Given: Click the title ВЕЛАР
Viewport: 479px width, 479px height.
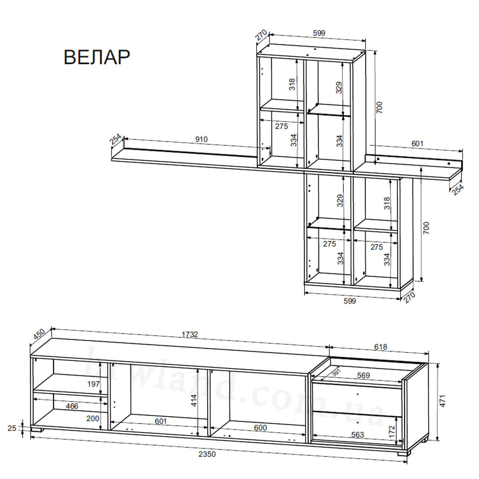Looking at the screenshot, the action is pyautogui.click(x=97, y=57).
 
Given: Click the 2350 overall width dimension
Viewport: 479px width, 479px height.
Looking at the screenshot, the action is pyautogui.click(x=207, y=454).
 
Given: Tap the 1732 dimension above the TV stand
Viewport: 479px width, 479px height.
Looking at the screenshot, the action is pyautogui.click(x=190, y=335).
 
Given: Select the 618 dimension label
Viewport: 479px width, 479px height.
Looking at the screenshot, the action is pyautogui.click(x=380, y=347).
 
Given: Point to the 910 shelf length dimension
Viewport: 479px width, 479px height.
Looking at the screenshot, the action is pyautogui.click(x=201, y=139).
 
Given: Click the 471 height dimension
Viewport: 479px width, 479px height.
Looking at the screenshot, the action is pyautogui.click(x=443, y=401).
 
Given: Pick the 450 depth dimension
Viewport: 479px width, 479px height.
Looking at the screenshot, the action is pyautogui.click(x=39, y=335).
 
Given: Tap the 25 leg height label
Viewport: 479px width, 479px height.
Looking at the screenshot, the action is pyautogui.click(x=12, y=428).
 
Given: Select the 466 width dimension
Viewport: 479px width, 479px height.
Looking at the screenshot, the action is pyautogui.click(x=72, y=406).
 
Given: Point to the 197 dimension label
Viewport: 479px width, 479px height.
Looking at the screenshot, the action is pyautogui.click(x=93, y=384).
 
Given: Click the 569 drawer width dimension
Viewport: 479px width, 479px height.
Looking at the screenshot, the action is pyautogui.click(x=363, y=375).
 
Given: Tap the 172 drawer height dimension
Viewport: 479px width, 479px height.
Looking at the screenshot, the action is pyautogui.click(x=392, y=432).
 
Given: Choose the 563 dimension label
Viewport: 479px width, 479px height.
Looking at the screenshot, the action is pyautogui.click(x=357, y=435).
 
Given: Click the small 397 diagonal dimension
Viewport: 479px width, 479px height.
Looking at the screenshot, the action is pyautogui.click(x=336, y=373).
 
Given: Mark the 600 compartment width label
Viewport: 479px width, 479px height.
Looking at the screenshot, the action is pyautogui.click(x=260, y=428).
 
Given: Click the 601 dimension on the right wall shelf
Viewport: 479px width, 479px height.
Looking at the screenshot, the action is pyautogui.click(x=418, y=143).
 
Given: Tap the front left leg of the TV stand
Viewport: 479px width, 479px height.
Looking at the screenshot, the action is pyautogui.click(x=37, y=430).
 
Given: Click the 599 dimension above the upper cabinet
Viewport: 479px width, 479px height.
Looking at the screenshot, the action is pyautogui.click(x=319, y=33).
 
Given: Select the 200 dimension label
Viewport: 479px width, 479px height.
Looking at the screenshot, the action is pyautogui.click(x=93, y=418).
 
